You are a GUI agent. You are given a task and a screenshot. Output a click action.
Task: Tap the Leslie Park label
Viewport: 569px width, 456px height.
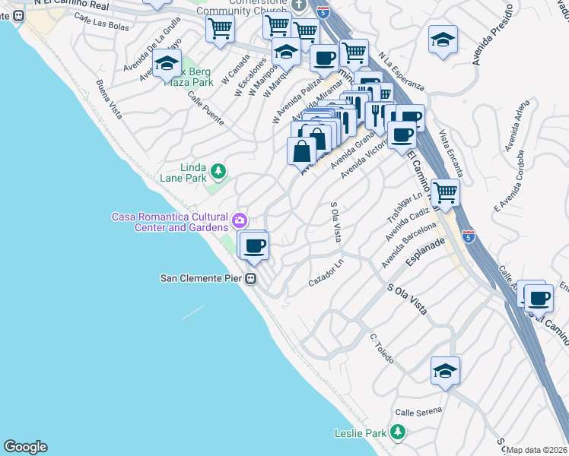click(x=361, y=434)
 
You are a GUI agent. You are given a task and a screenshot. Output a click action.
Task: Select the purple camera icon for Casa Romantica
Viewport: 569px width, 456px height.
click(x=240, y=220)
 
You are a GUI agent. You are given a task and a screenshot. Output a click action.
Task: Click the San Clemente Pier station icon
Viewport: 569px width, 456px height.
click(x=250, y=279)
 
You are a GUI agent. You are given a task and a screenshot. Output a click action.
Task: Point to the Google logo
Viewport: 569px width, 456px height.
click(x=25, y=447)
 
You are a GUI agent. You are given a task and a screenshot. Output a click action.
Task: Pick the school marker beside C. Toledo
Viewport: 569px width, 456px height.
click(x=445, y=371)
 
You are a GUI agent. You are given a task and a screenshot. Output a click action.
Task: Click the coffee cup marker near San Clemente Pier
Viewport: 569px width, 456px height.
click(x=255, y=245)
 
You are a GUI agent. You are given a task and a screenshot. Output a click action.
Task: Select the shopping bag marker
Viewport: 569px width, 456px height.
click(x=302, y=150)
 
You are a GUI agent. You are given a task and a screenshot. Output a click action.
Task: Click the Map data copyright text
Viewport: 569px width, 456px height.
click(x=537, y=450)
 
